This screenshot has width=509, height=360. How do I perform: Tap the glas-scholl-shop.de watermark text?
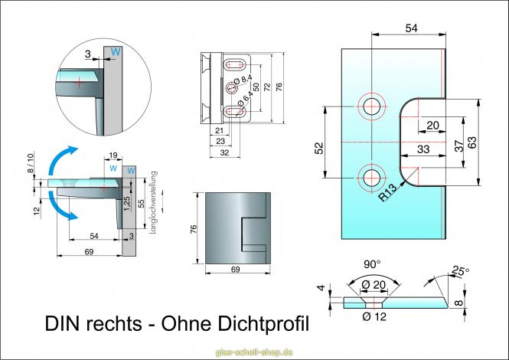tap(255, 352)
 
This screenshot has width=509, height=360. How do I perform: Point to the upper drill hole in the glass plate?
tap(372, 106)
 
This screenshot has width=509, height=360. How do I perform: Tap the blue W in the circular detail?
tap(116, 51)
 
